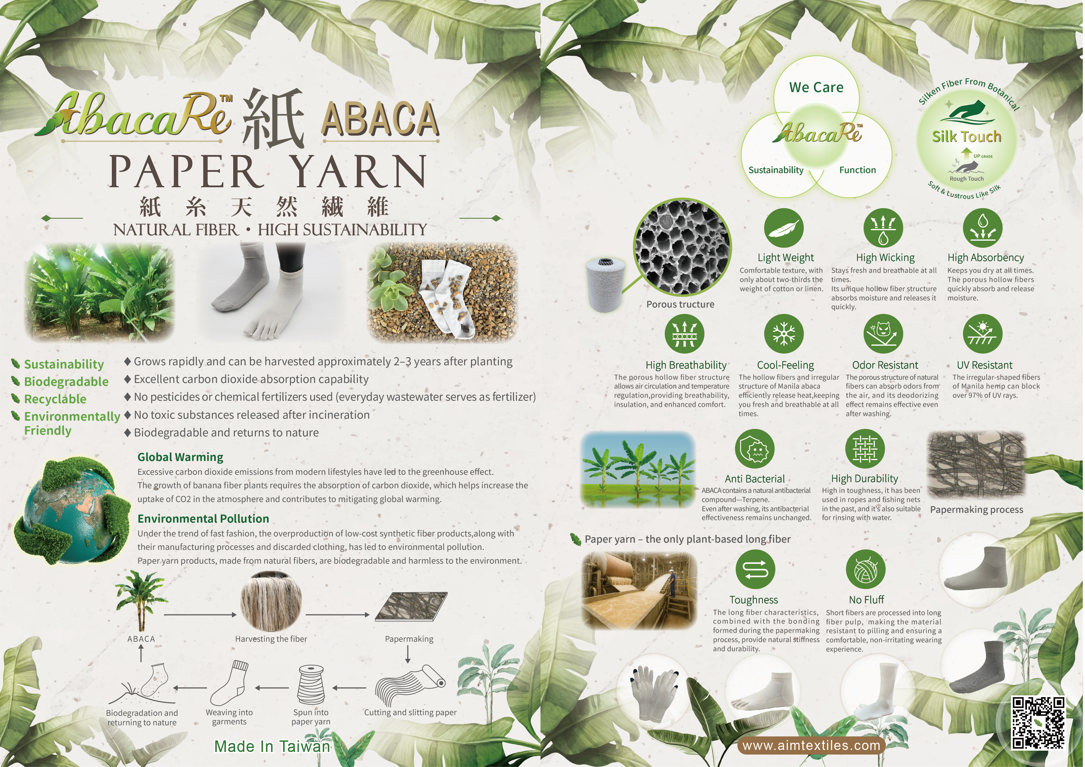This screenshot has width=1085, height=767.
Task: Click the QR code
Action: click(1038, 723)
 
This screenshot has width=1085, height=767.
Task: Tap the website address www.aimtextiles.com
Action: click(811, 746)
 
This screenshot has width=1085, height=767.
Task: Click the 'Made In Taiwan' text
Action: click(272, 746)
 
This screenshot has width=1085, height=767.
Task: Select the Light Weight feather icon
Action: click(784, 228)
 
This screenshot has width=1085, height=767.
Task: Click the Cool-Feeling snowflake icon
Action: click(784, 333)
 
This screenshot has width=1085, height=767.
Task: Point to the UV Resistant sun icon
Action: click(982, 333)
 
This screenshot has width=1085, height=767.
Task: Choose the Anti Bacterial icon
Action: click(755, 449)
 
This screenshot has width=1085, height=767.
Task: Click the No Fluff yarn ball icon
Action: click(865, 570)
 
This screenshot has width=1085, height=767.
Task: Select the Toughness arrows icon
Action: click(755, 570)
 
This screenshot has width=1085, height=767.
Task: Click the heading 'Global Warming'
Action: click(180, 457)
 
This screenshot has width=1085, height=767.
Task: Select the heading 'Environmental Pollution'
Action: click(203, 518)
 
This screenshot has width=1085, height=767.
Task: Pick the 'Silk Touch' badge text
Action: click(966, 136)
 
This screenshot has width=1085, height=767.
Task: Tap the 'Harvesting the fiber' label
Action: click(271, 639)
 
